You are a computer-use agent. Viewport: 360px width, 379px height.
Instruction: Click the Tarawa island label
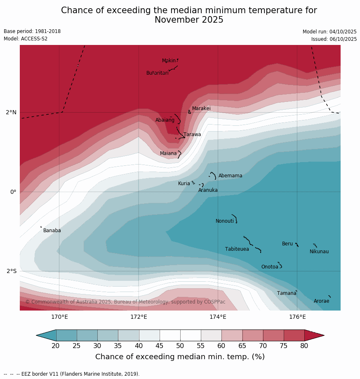pyautogui.click(x=192, y=134)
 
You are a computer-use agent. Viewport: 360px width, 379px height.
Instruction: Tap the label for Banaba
pyautogui.click(x=52, y=231)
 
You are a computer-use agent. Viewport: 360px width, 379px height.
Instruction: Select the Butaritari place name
pyautogui.click(x=157, y=73)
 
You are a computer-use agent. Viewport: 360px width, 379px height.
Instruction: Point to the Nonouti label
pyautogui.click(x=225, y=221)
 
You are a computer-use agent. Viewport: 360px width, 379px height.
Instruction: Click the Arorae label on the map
pyautogui.click(x=321, y=301)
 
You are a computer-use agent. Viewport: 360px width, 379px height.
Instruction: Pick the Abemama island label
pyautogui.click(x=230, y=176)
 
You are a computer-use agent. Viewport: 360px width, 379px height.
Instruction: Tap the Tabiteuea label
pyautogui.click(x=237, y=249)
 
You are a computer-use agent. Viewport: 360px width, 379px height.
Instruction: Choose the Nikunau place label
pyautogui.click(x=319, y=252)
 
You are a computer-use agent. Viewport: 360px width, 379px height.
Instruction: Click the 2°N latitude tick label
pyautogui.click(x=11, y=112)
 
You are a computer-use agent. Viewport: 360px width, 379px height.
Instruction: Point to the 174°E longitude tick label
pyautogui.click(x=218, y=317)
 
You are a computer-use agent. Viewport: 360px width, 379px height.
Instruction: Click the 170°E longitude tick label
pyautogui.click(x=59, y=317)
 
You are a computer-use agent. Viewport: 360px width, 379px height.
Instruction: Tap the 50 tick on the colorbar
pyautogui.click(x=180, y=346)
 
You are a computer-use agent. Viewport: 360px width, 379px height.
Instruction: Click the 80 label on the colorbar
pyautogui.click(x=304, y=346)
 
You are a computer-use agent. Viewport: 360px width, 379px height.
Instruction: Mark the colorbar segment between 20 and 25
pyautogui.click(x=66, y=335)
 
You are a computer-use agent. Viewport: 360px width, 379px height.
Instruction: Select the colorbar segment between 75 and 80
pyautogui.click(x=294, y=335)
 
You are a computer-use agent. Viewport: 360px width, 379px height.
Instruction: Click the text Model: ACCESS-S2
pyautogui.click(x=26, y=39)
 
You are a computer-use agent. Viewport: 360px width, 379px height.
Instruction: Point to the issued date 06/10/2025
pyautogui.click(x=334, y=39)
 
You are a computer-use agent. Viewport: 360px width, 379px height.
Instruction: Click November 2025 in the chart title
pyautogui.click(x=189, y=20)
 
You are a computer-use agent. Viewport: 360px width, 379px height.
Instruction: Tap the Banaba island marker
pyautogui.click(x=41, y=227)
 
